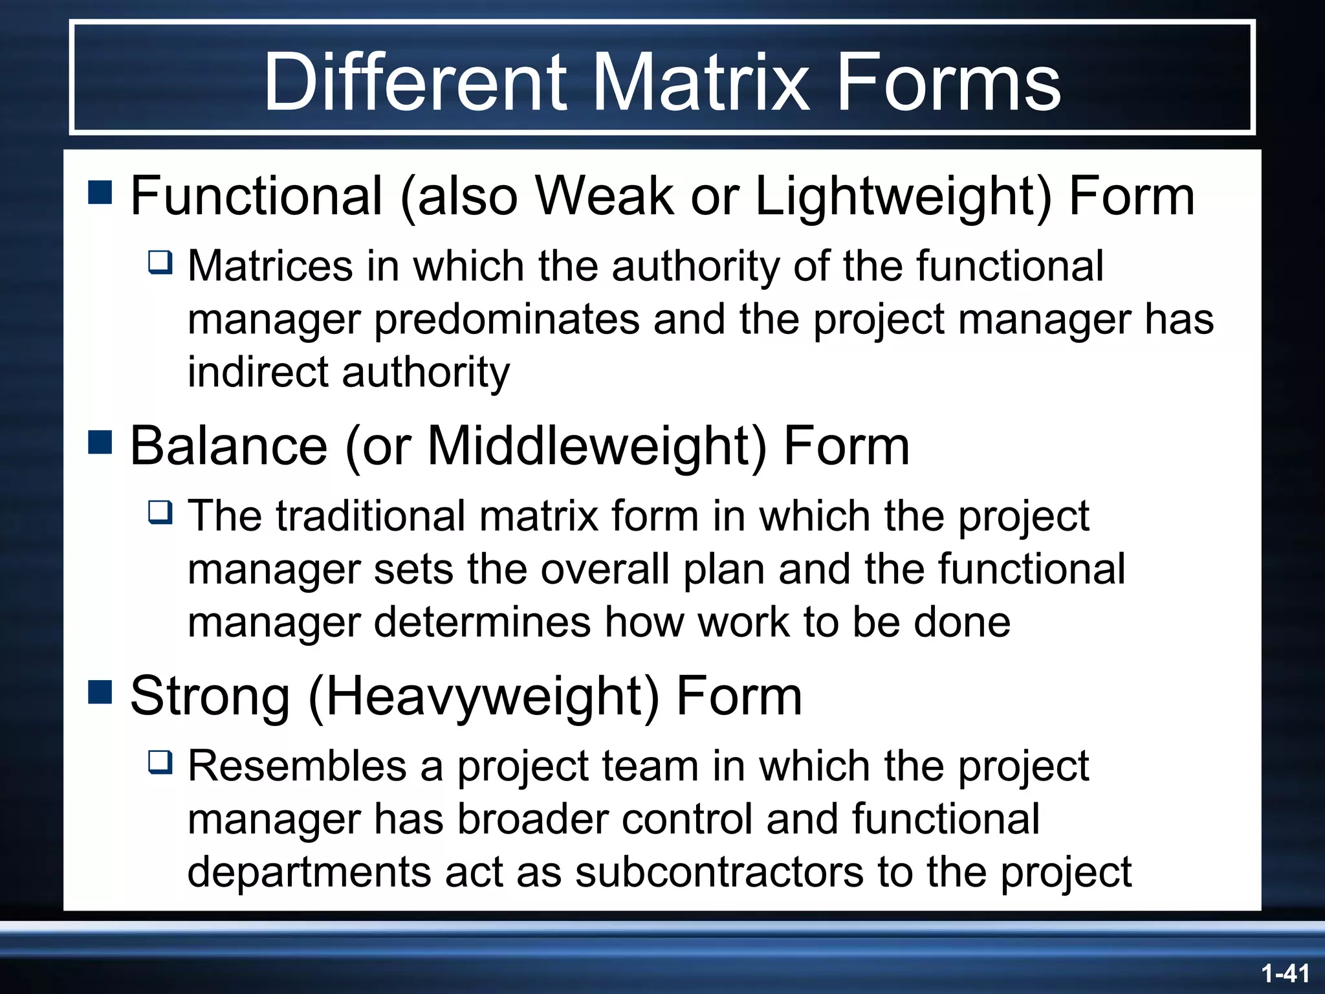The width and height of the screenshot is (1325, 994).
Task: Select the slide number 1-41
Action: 1285,973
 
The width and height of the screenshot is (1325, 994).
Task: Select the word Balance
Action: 229,446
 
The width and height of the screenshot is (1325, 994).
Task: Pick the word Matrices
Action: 270,266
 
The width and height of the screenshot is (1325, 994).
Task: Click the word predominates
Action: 507,320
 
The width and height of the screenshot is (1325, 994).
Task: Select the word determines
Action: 482,623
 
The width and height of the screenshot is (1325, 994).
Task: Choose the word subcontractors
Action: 719,872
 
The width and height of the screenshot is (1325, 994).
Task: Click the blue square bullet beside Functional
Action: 100,192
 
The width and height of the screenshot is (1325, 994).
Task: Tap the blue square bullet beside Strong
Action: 100,692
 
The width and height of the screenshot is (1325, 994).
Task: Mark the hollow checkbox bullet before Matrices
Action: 160,263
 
